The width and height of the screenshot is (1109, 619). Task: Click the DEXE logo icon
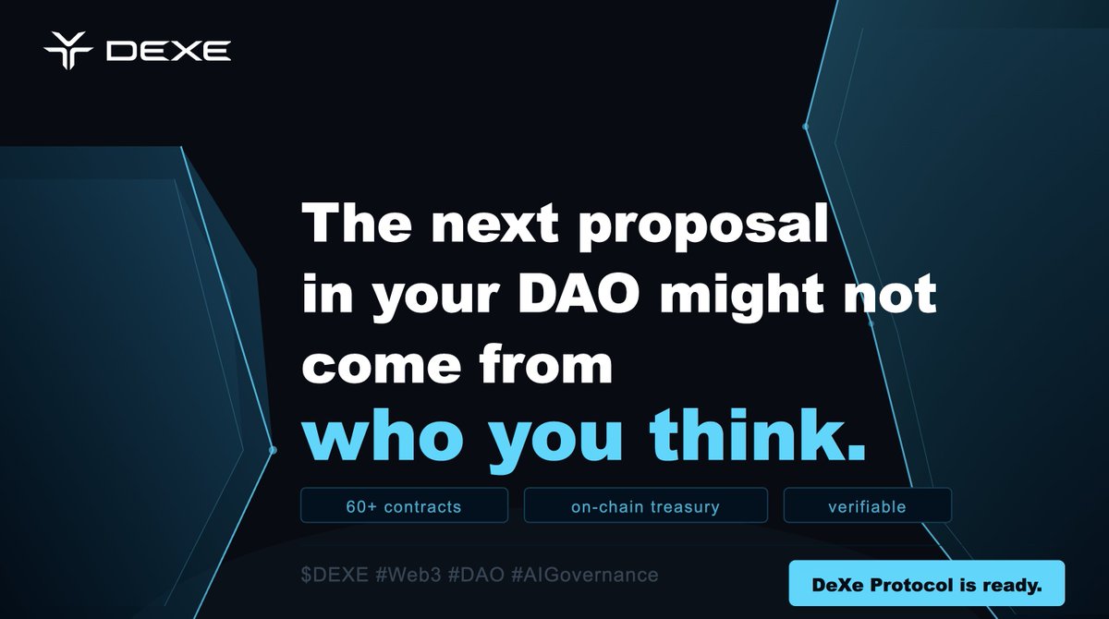click(68, 52)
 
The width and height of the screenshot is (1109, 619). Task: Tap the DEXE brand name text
click(168, 52)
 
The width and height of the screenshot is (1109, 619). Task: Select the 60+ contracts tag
click(404, 506)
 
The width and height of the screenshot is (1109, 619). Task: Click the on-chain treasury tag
click(645, 506)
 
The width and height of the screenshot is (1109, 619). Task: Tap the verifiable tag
click(867, 506)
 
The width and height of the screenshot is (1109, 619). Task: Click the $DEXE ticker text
click(335, 575)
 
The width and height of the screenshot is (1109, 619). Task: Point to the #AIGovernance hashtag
click(584, 575)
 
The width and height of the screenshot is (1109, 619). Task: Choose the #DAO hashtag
click(477, 575)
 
